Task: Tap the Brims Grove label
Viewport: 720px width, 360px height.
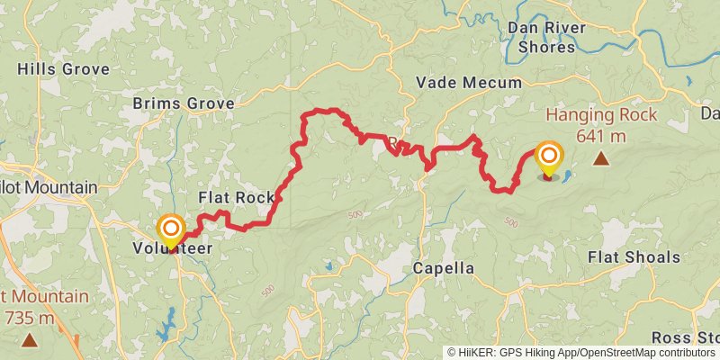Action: click(x=183, y=103)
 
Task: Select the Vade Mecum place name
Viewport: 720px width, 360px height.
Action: click(x=468, y=83)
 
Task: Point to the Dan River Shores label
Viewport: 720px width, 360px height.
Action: click(x=546, y=37)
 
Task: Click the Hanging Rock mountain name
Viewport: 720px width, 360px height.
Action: click(x=601, y=115)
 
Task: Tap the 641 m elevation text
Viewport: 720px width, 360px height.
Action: click(x=601, y=136)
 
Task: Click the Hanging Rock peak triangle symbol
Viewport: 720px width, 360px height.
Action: click(x=600, y=159)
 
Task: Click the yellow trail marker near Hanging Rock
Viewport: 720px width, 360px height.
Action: click(x=548, y=157)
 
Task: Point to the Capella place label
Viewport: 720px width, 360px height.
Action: click(x=443, y=268)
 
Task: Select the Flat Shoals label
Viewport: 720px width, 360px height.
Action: click(x=634, y=257)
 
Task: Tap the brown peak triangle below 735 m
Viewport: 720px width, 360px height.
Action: click(x=30, y=340)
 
